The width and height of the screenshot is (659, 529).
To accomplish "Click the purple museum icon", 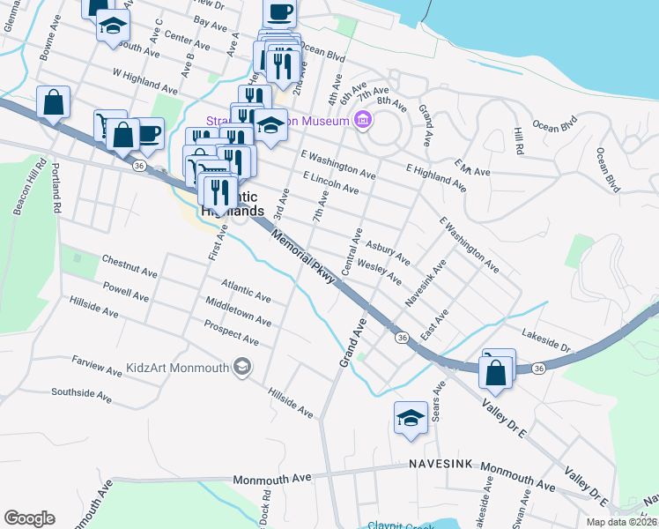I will coord(361,121).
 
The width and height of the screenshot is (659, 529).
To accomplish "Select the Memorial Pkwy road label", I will coord(304,257).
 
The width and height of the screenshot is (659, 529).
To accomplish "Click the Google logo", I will coord(29,518).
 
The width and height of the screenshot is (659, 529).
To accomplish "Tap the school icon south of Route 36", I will coord(411,420).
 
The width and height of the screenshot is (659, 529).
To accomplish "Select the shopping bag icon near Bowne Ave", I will coord(54,102).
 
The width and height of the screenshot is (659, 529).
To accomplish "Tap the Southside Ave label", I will coord(82,394).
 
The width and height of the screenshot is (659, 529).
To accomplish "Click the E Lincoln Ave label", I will coord(330,183).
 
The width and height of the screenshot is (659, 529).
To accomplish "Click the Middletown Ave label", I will coord(238,317).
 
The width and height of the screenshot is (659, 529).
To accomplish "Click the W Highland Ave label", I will coord(144,82).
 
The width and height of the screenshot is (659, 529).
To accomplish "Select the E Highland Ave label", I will coord(436,176).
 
